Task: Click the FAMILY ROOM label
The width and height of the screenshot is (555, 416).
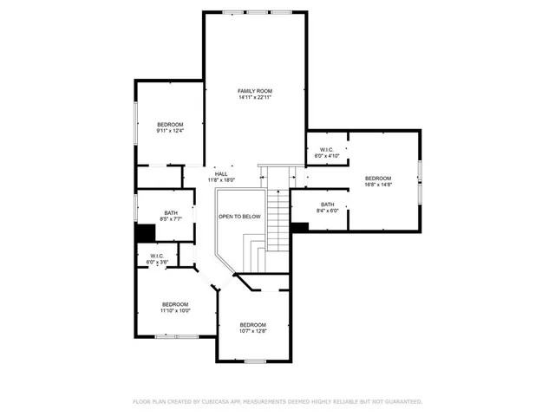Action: click(x=256, y=90)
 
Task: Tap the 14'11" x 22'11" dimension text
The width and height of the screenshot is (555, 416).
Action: click(x=256, y=97)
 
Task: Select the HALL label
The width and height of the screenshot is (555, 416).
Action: click(x=222, y=174)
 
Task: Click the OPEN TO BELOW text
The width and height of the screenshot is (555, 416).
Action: click(x=239, y=217)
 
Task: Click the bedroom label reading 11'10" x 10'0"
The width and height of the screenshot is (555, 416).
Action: click(x=175, y=310)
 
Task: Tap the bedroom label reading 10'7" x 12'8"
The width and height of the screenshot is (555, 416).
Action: click(x=253, y=330)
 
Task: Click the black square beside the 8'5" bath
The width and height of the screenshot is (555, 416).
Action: click(x=145, y=233)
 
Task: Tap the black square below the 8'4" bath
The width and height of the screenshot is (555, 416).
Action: click(x=299, y=227)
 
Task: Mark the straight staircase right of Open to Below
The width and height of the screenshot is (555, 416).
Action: click(x=277, y=217)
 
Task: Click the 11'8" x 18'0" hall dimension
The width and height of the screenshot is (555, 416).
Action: click(x=222, y=180)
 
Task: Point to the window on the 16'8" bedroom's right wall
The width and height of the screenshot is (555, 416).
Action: click(x=420, y=181)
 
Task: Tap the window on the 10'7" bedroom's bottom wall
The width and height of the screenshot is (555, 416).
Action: click(x=254, y=361)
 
